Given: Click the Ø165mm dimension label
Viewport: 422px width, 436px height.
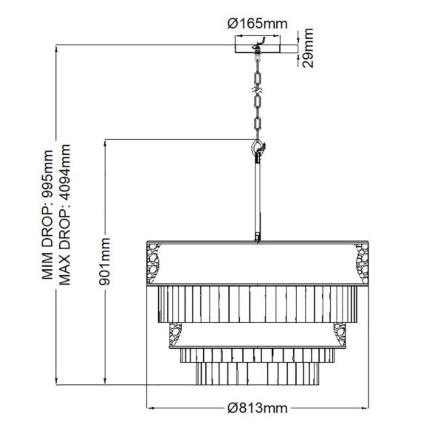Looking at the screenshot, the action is click(x=257, y=24).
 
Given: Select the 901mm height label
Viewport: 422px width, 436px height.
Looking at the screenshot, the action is click(x=105, y=261).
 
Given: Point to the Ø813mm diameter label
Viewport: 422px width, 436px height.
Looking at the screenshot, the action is click(x=257, y=408).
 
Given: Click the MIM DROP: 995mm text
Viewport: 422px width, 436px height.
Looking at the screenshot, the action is click(x=48, y=215).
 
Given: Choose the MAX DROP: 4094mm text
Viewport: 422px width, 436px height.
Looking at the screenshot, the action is click(x=65, y=214).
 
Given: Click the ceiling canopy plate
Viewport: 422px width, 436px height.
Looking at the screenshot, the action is click(x=257, y=49).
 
